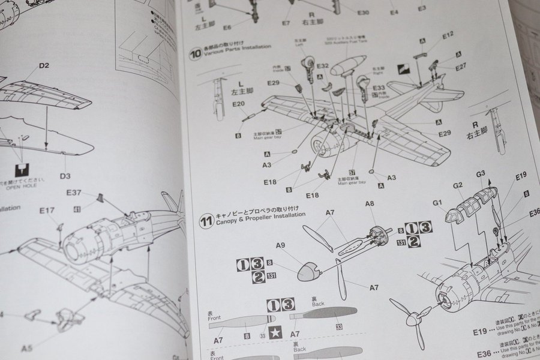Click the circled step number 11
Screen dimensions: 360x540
click(x=206, y=221)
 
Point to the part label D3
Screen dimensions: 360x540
click(x=65, y=176)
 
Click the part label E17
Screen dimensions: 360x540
click(x=47, y=210)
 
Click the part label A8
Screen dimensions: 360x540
click(x=370, y=204)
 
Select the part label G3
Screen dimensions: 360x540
click(x=481, y=175)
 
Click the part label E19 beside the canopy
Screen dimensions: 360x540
click(x=521, y=176)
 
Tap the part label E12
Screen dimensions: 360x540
click(x=448, y=35)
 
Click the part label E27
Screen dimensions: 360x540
click(x=460, y=67)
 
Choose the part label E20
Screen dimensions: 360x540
click(x=239, y=104)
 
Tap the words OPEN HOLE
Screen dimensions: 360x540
click(x=22, y=186)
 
